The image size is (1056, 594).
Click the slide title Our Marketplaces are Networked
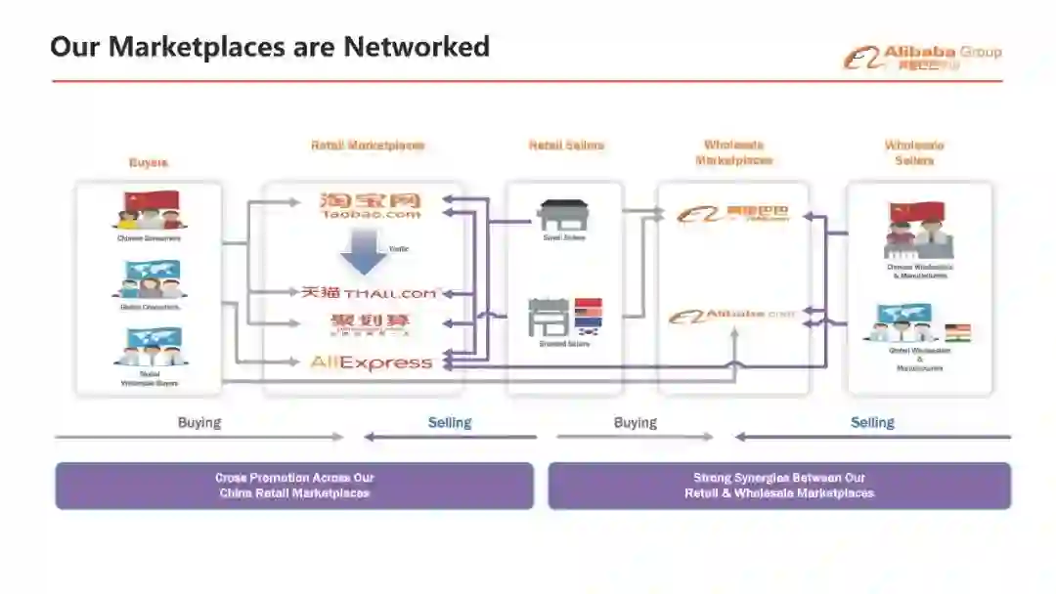pos(270,46)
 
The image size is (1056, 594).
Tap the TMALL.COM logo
pos(370,292)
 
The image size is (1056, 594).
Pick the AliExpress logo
pos(371,362)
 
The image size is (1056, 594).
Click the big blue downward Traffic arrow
pos(364,256)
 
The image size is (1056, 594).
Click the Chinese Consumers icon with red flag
pos(149,211)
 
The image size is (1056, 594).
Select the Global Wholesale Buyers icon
pos(149,348)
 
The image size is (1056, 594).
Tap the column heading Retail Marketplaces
pos(368,146)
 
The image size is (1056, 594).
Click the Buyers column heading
pos(149,163)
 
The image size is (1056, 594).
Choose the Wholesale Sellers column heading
pos(914,152)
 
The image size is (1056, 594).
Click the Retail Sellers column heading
pos(566,146)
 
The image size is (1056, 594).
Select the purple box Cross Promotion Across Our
pos(294,486)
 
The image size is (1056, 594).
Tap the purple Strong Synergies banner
pos(779,486)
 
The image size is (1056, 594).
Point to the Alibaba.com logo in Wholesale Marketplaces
pos(732,316)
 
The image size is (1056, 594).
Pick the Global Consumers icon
pos(149,279)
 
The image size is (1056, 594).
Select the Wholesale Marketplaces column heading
pos(733,152)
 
